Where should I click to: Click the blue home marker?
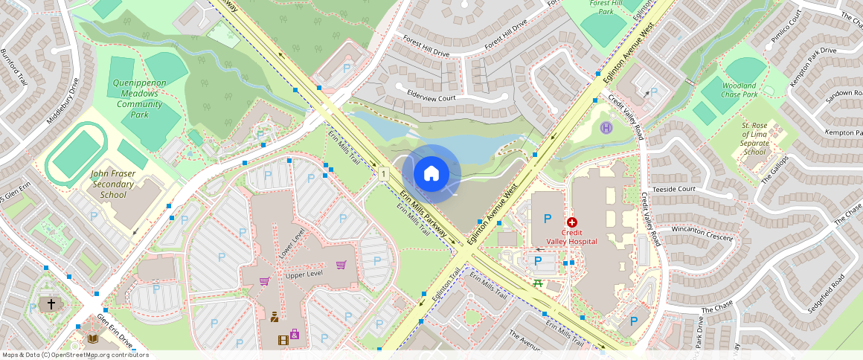click(x=431, y=174)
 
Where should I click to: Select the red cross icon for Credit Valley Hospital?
click(x=572, y=222)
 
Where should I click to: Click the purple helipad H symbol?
click(x=606, y=128)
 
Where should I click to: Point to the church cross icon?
click(x=51, y=304)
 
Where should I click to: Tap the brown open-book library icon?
click(x=93, y=339)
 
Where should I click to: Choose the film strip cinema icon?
click(x=283, y=340)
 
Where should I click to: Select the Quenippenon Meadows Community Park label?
click(x=139, y=99)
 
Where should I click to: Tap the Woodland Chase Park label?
click(x=740, y=90)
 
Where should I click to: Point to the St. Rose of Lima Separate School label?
click(x=754, y=139)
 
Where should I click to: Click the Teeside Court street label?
click(x=673, y=189)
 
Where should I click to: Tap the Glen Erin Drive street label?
click(x=115, y=330)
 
